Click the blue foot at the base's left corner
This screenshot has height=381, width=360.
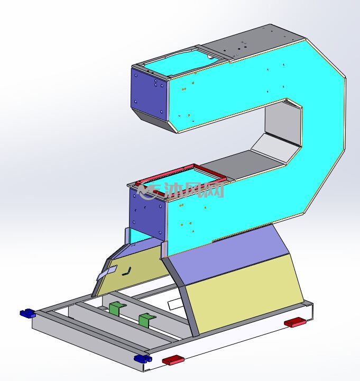[27, 313]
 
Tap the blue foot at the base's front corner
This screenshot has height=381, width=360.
[143, 359]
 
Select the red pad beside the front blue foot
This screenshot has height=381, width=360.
[173, 360]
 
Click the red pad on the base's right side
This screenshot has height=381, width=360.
[295, 322]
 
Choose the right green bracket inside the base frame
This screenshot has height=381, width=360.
[146, 320]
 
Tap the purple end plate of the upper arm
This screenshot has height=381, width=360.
[149, 94]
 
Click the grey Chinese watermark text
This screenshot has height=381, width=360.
[193, 190]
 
